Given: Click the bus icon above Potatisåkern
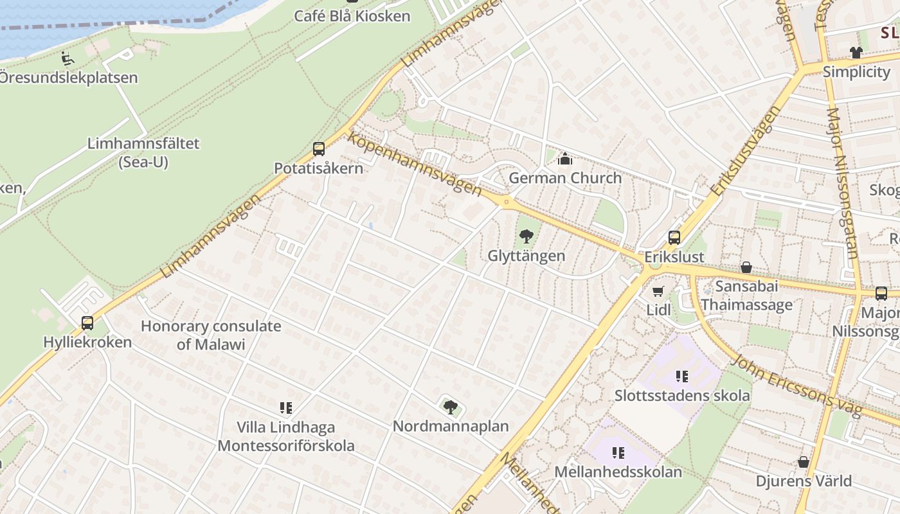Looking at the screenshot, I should click(319, 149).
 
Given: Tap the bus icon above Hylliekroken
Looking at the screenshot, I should click(87, 323).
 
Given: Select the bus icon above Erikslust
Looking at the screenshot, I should click(674, 237).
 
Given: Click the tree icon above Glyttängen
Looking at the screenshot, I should click(526, 236).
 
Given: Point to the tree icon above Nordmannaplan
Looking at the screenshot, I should click(451, 407).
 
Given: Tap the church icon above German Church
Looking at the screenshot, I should click(565, 159).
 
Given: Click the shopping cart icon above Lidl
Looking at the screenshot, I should click(658, 291).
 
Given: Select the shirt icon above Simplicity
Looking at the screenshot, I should click(856, 52).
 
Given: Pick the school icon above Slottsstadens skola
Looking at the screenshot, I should click(681, 376).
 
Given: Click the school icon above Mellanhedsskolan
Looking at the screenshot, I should click(618, 453).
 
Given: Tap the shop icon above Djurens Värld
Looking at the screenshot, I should click(803, 461).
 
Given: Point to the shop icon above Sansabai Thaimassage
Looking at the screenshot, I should click(746, 267).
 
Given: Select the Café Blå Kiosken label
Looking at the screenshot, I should click(352, 15).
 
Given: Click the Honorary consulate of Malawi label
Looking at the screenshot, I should click(211, 335).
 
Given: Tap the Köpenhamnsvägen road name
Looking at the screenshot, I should click(414, 163).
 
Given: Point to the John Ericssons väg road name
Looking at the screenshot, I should click(798, 385).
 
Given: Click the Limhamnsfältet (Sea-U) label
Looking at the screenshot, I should click(143, 152).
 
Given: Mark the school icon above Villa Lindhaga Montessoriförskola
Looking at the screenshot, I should click(286, 407).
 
